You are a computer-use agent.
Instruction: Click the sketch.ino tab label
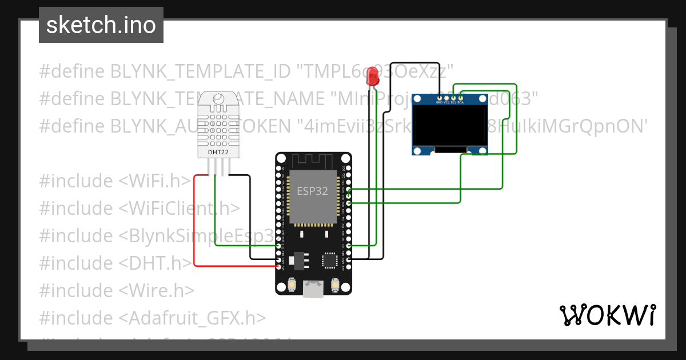(x=101, y=26)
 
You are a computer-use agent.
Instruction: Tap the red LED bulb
(x=373, y=76)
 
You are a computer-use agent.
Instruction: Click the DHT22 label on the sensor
(x=214, y=152)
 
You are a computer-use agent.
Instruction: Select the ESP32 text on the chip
(x=312, y=191)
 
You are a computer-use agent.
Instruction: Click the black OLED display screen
(x=450, y=126)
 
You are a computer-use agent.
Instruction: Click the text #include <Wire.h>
(x=117, y=290)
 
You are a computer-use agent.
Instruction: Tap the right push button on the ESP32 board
(x=334, y=284)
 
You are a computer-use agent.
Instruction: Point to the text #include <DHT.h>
(x=115, y=263)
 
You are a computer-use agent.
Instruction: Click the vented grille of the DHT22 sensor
(x=214, y=126)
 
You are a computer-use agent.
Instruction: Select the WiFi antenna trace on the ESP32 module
(x=313, y=161)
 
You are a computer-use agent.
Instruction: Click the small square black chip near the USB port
(x=330, y=260)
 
